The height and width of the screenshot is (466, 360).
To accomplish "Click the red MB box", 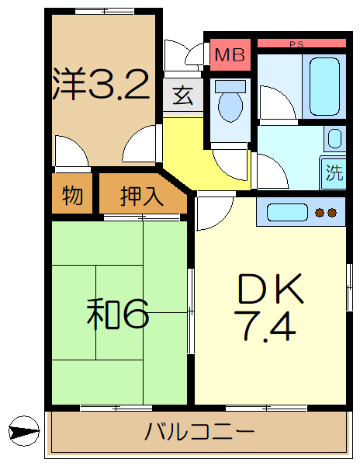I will tap(229, 54).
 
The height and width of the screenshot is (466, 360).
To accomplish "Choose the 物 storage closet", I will tap(72, 196).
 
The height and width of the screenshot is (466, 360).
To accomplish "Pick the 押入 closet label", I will tap(142, 196).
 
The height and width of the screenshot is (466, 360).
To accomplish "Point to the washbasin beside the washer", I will tap(334, 139).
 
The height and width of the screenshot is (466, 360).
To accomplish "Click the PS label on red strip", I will tap(296, 44).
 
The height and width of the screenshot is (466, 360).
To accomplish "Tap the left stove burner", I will tap(320, 212).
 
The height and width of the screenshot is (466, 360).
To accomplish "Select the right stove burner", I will tap(332, 212).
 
